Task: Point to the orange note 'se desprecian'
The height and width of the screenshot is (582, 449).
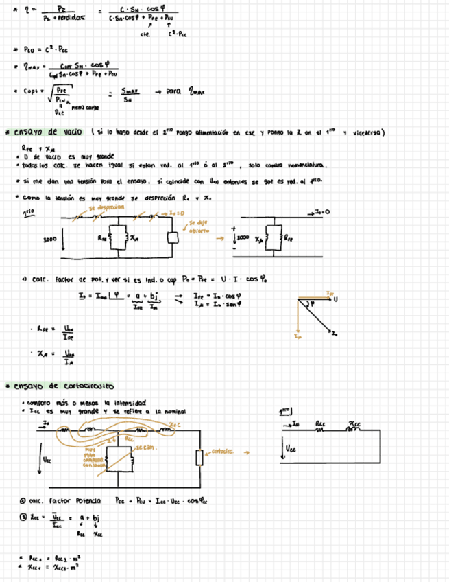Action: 106,206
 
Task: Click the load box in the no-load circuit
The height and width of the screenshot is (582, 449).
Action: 173,237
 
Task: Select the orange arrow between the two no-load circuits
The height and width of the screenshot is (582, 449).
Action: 221,240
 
